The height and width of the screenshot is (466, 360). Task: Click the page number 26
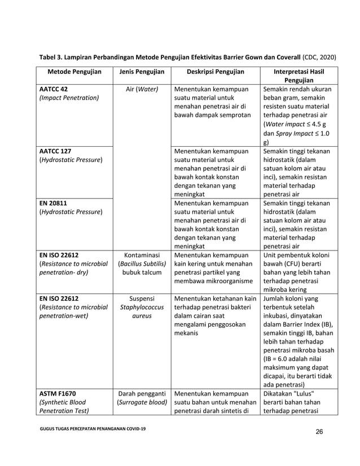pyautogui.click(x=319, y=433)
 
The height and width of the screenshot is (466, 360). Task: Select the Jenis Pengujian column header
pyautogui.click(x=138, y=72)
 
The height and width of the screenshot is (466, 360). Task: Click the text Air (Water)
pyautogui.click(x=138, y=89)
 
